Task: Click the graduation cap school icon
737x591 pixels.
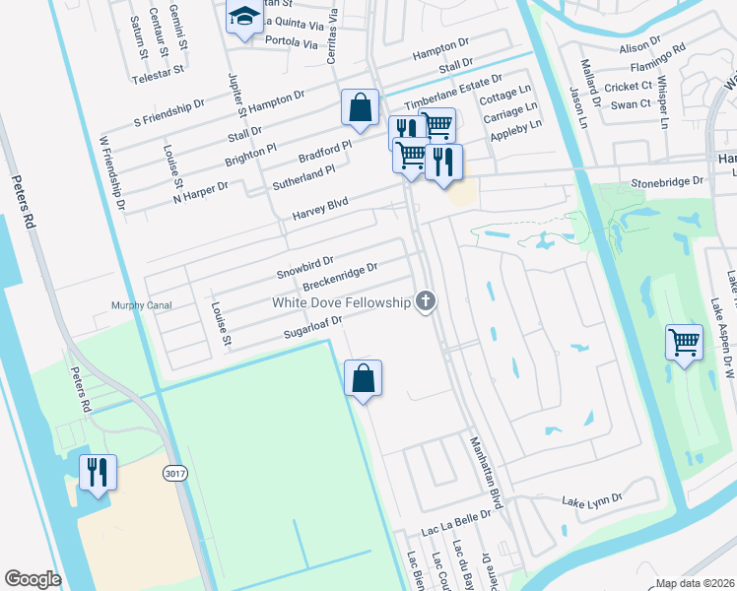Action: [241, 17]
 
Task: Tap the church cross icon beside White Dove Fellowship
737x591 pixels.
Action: [426, 301]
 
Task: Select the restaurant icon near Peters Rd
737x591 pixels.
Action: [99, 472]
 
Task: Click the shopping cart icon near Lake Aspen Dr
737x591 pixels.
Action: [684, 342]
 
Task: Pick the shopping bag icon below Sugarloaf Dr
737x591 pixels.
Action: [363, 378]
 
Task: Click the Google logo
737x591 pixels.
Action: [33, 579]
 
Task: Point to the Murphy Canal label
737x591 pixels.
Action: [142, 305]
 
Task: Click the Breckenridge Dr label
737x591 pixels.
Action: [340, 277]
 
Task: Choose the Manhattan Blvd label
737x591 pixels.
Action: [486, 473]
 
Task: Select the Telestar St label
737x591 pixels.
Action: [159, 71]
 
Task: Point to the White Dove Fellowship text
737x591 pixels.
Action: [341, 302]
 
